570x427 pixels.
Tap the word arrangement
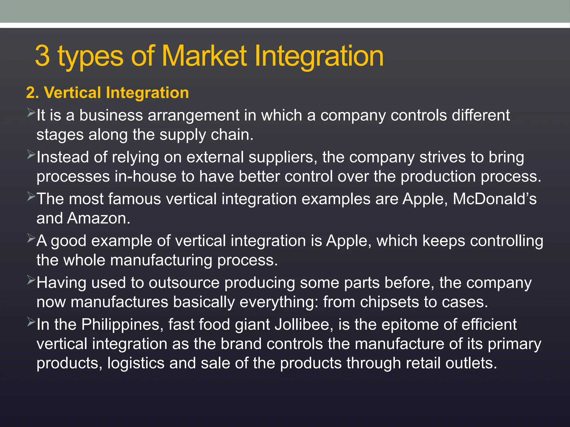pyautogui.click(x=193, y=115)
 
